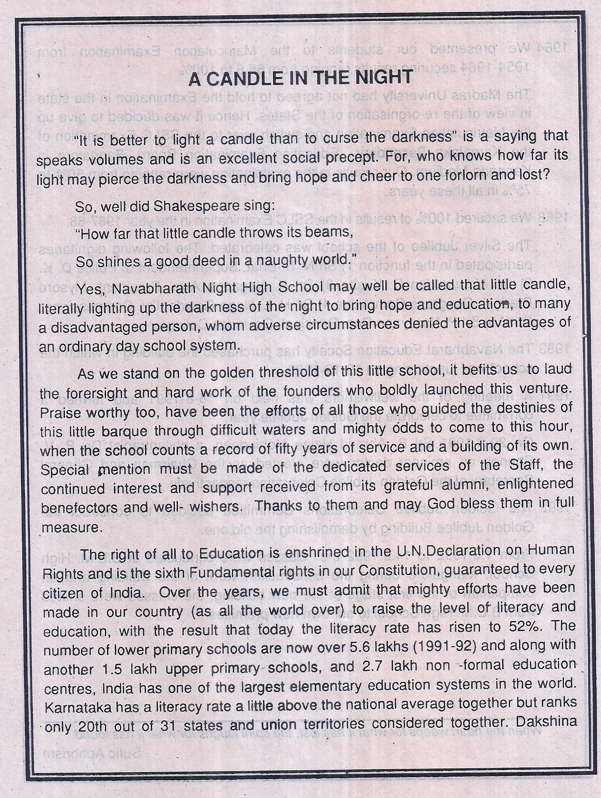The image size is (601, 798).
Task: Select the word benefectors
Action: click(x=78, y=508)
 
